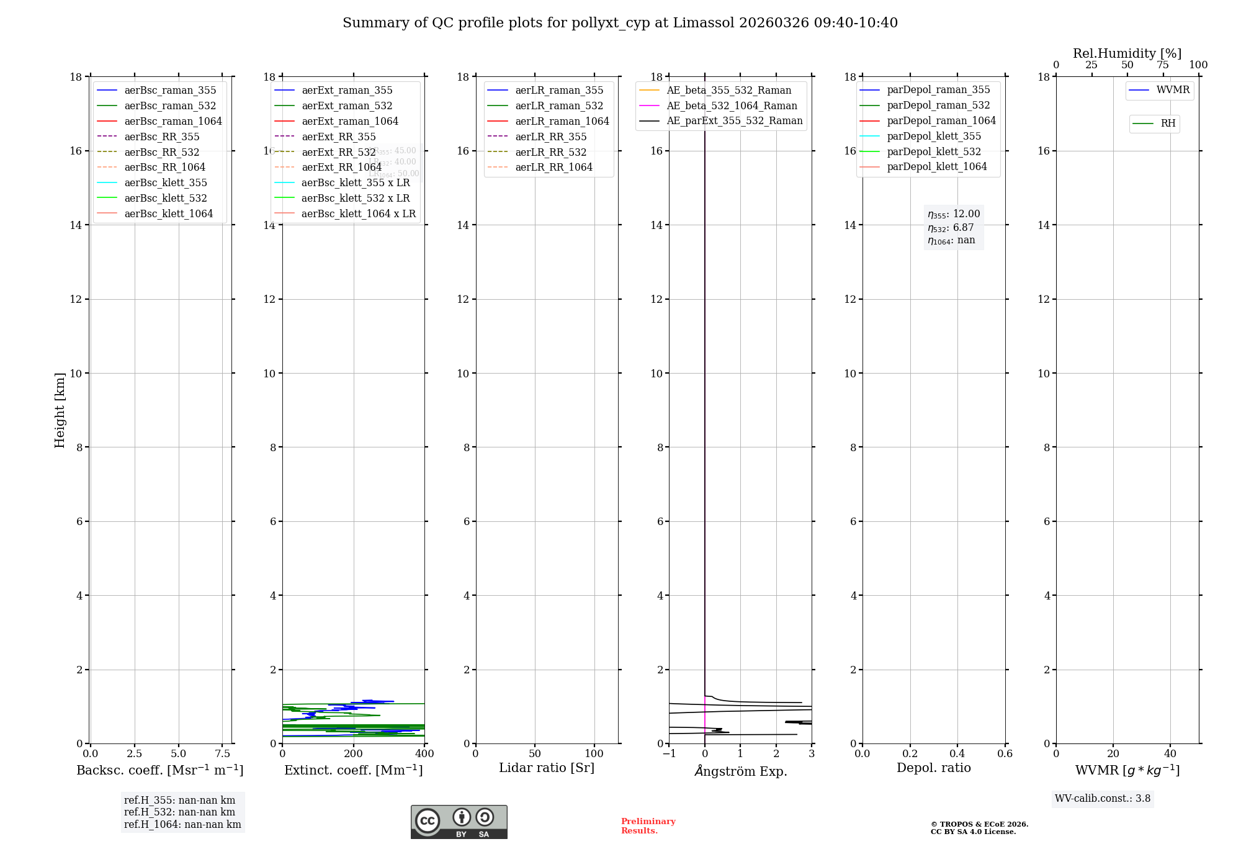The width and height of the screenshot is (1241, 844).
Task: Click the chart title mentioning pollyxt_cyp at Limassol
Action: tap(620, 23)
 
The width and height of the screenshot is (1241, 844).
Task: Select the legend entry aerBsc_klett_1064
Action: tap(168, 213)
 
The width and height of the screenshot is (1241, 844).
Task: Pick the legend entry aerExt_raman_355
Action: tap(347, 91)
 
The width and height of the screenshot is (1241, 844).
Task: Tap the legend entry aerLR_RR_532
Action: tap(550, 152)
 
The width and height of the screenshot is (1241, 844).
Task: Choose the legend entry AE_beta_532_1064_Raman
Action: tap(732, 106)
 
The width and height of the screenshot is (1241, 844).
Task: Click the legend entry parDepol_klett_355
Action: tap(934, 137)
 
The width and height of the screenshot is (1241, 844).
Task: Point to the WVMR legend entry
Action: tap(1173, 90)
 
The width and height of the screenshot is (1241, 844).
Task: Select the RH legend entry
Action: tap(1168, 123)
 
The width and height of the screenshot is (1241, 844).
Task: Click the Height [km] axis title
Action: tap(60, 410)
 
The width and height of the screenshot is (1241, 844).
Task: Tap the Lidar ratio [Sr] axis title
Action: tap(547, 768)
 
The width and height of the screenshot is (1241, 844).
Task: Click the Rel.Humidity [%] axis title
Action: tap(1127, 53)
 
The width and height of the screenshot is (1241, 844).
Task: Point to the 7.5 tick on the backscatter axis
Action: tap(222, 754)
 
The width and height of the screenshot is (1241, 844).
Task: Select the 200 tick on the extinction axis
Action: tap(354, 754)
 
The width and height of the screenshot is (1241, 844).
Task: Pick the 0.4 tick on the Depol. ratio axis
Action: tap(957, 754)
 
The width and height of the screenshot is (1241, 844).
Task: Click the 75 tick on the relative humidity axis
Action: tap(1163, 65)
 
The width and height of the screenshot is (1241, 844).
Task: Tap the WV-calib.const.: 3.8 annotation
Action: tap(1103, 799)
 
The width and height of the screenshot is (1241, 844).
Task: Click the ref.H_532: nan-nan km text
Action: tap(179, 812)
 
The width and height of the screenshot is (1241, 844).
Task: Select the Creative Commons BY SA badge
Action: tap(459, 822)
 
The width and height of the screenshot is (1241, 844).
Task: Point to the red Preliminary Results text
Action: tap(648, 826)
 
